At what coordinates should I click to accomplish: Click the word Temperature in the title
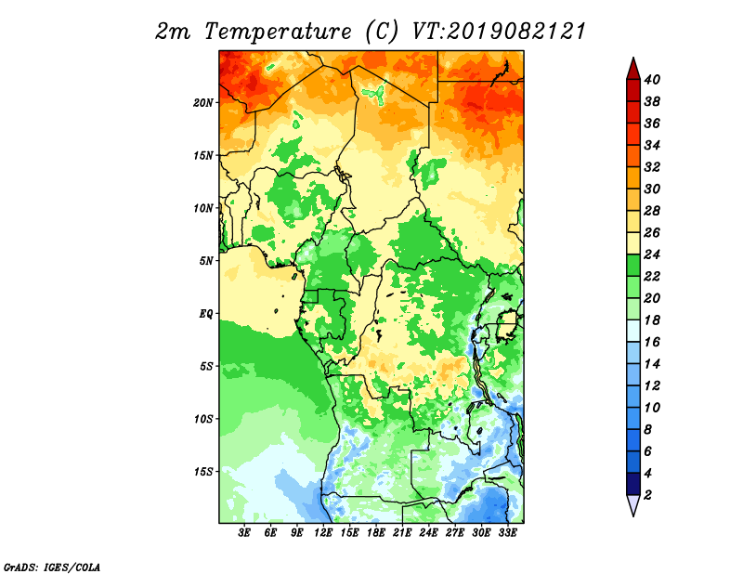coord(278,32)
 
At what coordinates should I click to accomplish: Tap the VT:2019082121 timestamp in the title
coord(500,32)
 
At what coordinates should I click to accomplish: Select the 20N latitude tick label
coord(203,103)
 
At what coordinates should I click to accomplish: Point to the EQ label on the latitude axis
coord(205,314)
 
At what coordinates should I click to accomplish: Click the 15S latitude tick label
coord(203,472)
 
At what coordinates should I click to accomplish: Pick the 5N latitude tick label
coord(206,261)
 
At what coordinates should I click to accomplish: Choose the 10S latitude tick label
coord(203,419)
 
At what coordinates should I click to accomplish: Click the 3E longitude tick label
coord(244,532)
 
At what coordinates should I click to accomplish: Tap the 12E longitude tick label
coord(322,532)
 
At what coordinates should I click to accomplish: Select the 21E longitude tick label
coord(402,532)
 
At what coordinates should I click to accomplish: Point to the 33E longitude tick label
coord(507,532)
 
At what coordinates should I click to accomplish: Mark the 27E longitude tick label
coord(454,532)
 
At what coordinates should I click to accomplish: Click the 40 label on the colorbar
coord(652,80)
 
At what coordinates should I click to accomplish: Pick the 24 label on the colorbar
coord(652,254)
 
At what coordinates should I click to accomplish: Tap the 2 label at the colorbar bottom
coord(647,495)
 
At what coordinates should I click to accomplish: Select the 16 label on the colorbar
coord(652,342)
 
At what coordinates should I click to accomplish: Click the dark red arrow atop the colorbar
coord(633,70)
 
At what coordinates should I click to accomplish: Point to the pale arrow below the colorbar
coord(633,504)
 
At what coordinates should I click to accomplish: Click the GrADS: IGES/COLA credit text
coord(52,567)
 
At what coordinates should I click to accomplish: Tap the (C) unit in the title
coord(382,32)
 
